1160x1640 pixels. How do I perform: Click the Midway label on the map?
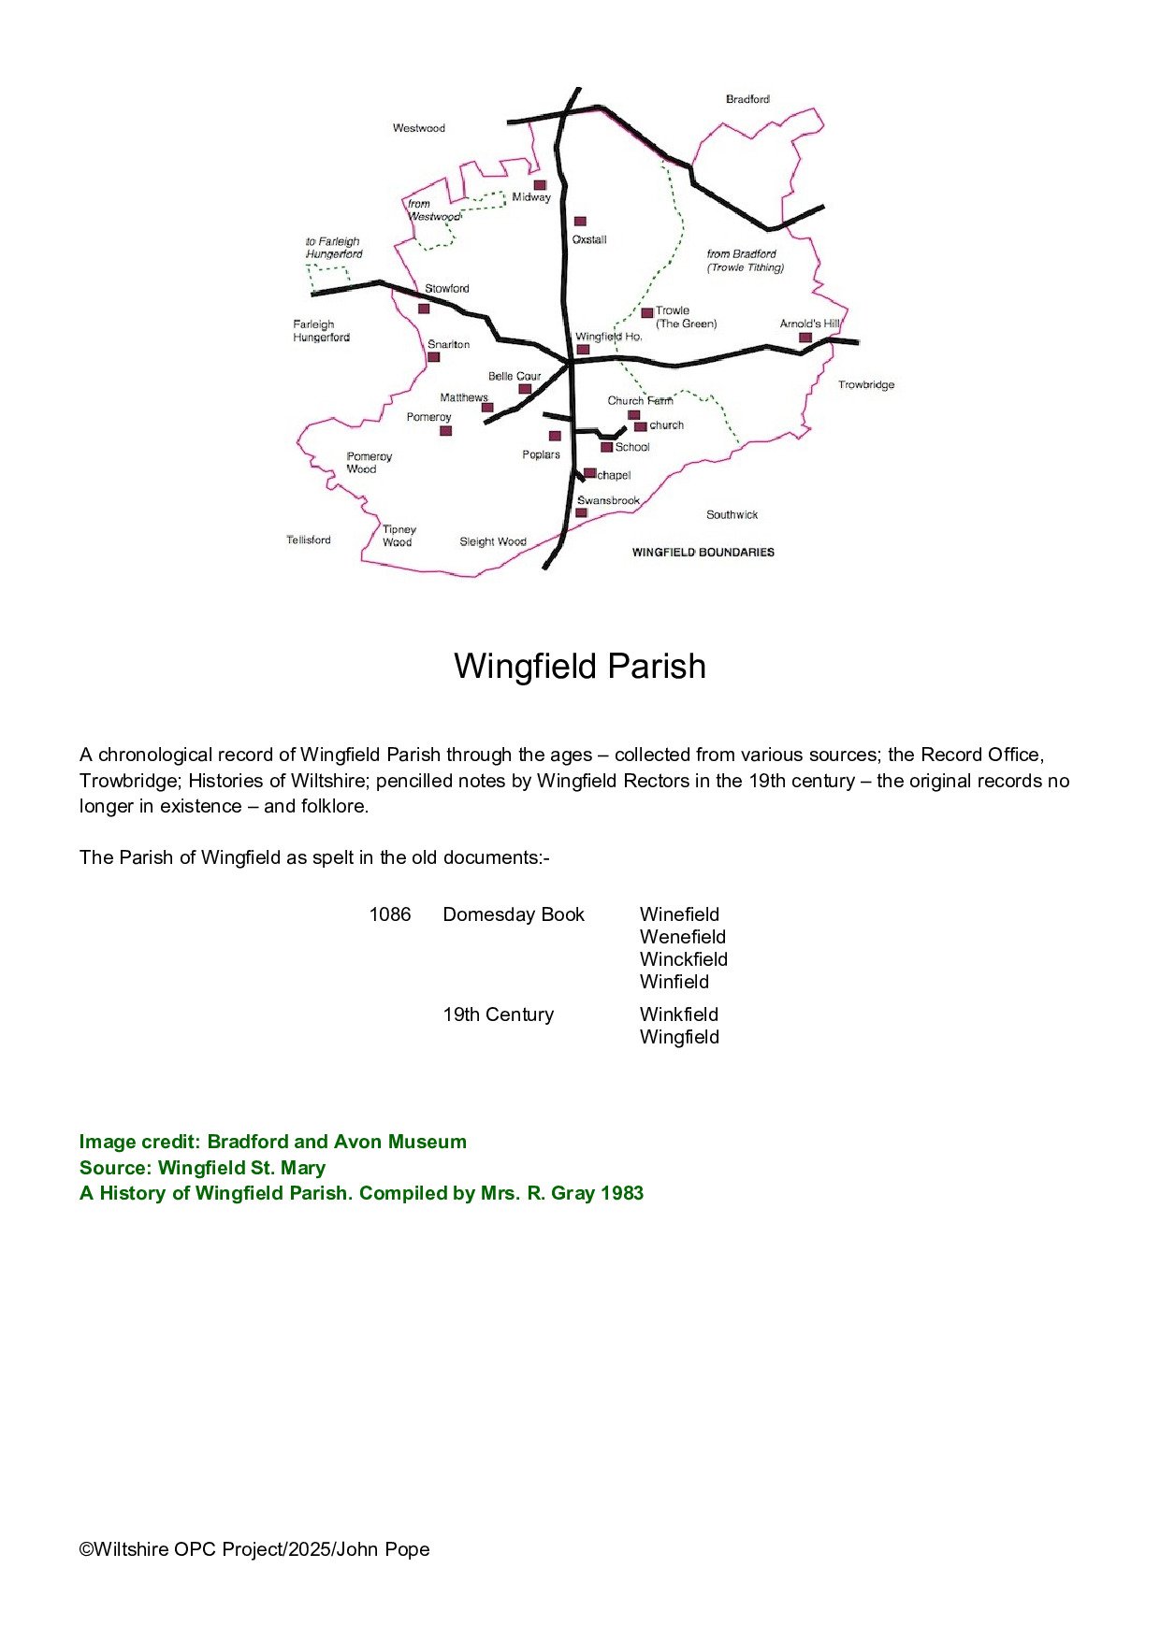(x=531, y=197)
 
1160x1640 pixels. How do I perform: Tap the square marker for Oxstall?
(x=580, y=222)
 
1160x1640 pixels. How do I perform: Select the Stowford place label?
(x=447, y=289)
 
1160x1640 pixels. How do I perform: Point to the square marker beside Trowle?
(x=646, y=313)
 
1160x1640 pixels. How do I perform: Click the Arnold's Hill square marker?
(x=805, y=338)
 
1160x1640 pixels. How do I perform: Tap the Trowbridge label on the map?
(x=866, y=385)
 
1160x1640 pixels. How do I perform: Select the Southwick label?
(x=732, y=515)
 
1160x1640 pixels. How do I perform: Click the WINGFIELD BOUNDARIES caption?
(x=703, y=553)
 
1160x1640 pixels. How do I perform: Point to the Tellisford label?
(x=309, y=540)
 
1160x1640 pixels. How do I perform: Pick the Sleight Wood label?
(x=493, y=542)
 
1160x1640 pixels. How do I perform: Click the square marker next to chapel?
(x=589, y=473)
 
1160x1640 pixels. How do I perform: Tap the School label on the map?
(x=632, y=448)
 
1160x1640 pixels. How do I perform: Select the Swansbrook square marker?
(x=581, y=513)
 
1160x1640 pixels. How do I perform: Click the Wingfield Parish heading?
(x=580, y=667)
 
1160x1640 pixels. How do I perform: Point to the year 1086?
(x=390, y=914)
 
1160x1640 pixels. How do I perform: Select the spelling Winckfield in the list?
(x=684, y=959)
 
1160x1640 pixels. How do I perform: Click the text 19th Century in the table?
(x=499, y=1014)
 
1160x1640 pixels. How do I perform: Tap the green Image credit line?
(x=273, y=1142)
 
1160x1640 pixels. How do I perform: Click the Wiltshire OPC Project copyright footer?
(x=254, y=1549)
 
